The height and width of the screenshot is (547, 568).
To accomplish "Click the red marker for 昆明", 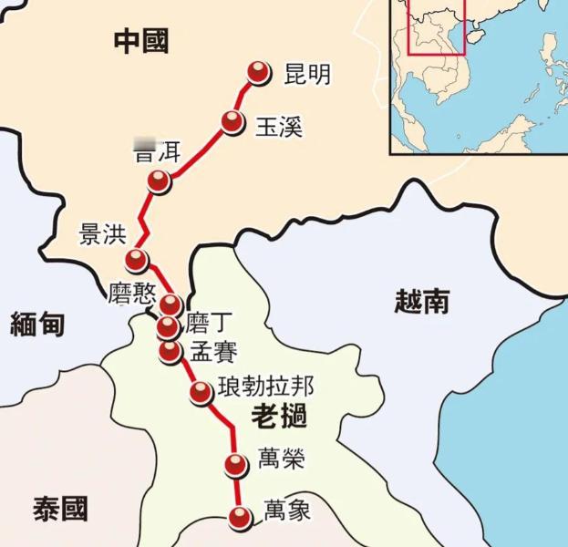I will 260,73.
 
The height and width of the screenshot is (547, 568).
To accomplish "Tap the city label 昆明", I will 307,74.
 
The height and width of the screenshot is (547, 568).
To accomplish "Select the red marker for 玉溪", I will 233,122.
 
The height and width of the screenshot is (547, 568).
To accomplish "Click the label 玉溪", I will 279,126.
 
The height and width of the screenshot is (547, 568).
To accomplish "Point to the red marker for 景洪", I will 137,260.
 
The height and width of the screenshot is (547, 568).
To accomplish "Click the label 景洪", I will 102,234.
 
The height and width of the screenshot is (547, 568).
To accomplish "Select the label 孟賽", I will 213,351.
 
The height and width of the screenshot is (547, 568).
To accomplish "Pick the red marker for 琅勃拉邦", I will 201,392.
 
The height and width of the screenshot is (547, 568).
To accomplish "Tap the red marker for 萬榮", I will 236,465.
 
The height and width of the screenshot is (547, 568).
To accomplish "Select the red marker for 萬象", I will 240,517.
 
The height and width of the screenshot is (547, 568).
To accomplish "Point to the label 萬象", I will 286,510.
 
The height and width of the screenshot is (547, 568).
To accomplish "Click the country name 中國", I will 141,40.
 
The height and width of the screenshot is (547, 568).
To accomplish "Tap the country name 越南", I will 422,300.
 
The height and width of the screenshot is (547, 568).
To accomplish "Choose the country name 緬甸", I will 37,323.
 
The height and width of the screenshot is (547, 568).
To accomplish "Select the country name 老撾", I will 277,418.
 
